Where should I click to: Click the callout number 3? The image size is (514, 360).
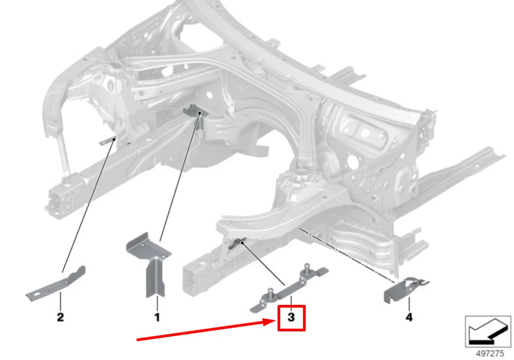click(291, 318)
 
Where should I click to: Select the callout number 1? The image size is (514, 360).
click(157, 318)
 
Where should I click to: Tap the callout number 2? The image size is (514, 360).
click(60, 317)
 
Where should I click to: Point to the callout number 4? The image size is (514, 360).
click(408, 317)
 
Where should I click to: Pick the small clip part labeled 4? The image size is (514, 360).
click(403, 290)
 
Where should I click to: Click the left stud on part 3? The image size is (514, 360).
click(267, 295)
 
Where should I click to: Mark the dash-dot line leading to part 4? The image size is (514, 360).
click(346, 254)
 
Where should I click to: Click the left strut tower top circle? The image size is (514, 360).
click(116, 68)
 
